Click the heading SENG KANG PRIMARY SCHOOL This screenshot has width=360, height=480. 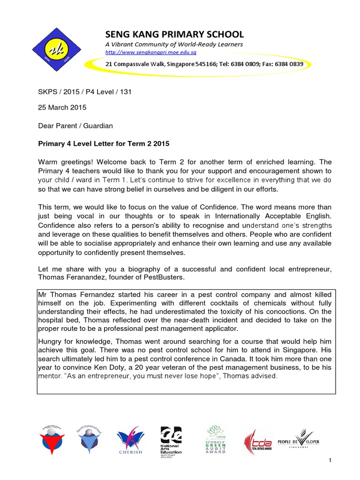pyautogui.click(x=174, y=34)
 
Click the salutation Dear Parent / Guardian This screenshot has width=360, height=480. pyautogui.click(x=75, y=126)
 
